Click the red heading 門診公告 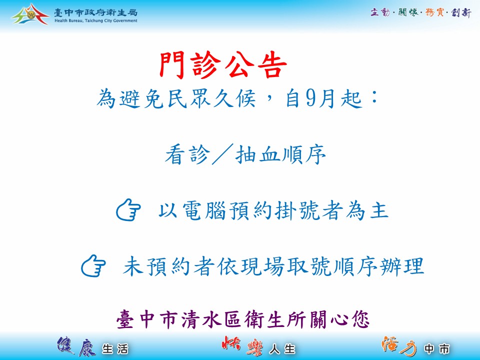point(223,65)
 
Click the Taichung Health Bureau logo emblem point(30,14)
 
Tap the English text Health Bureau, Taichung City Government point(96,21)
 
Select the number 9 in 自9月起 point(310,98)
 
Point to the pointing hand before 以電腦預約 point(128,209)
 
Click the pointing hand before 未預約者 point(93,265)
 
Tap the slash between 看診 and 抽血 point(222,154)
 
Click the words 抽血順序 point(280,154)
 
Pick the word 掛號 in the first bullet point(296,211)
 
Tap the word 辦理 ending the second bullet point(402,266)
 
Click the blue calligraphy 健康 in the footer point(76,346)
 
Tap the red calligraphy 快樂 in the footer point(242,346)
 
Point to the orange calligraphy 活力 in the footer point(399,346)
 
